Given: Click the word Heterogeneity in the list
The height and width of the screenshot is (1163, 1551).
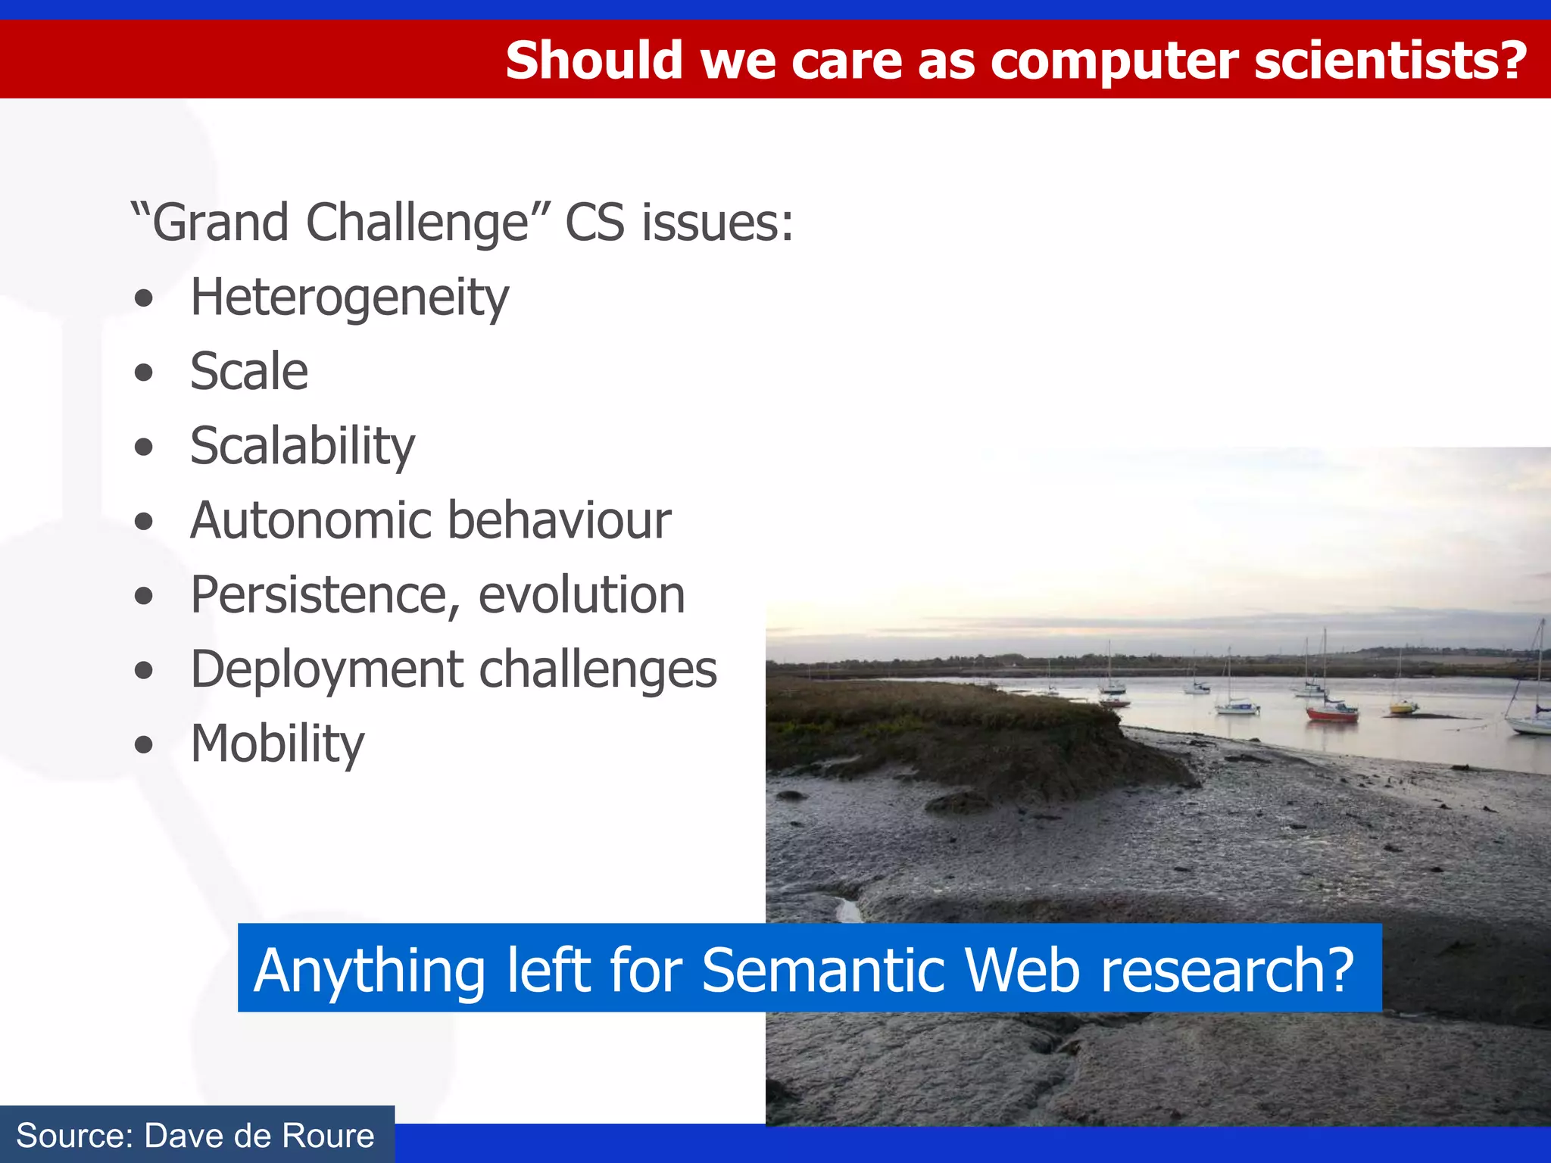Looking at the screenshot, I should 349,298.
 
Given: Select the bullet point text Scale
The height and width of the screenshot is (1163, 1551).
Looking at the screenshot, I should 249,372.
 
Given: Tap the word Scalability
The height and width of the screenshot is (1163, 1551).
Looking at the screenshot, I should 302,446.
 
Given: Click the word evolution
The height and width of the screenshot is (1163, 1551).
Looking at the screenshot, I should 581,595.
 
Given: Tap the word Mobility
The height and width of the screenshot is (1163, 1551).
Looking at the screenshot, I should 277,744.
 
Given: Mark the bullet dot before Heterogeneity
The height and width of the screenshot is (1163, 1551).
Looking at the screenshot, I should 143,298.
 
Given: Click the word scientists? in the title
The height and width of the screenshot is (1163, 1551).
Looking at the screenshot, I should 1390,61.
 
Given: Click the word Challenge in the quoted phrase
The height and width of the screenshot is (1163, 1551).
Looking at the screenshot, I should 417,223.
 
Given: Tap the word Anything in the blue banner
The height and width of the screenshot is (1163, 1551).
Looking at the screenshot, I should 370,970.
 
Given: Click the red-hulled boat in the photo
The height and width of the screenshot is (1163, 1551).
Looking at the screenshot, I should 1331,712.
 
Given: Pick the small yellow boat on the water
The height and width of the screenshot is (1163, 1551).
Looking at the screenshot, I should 1403,708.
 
